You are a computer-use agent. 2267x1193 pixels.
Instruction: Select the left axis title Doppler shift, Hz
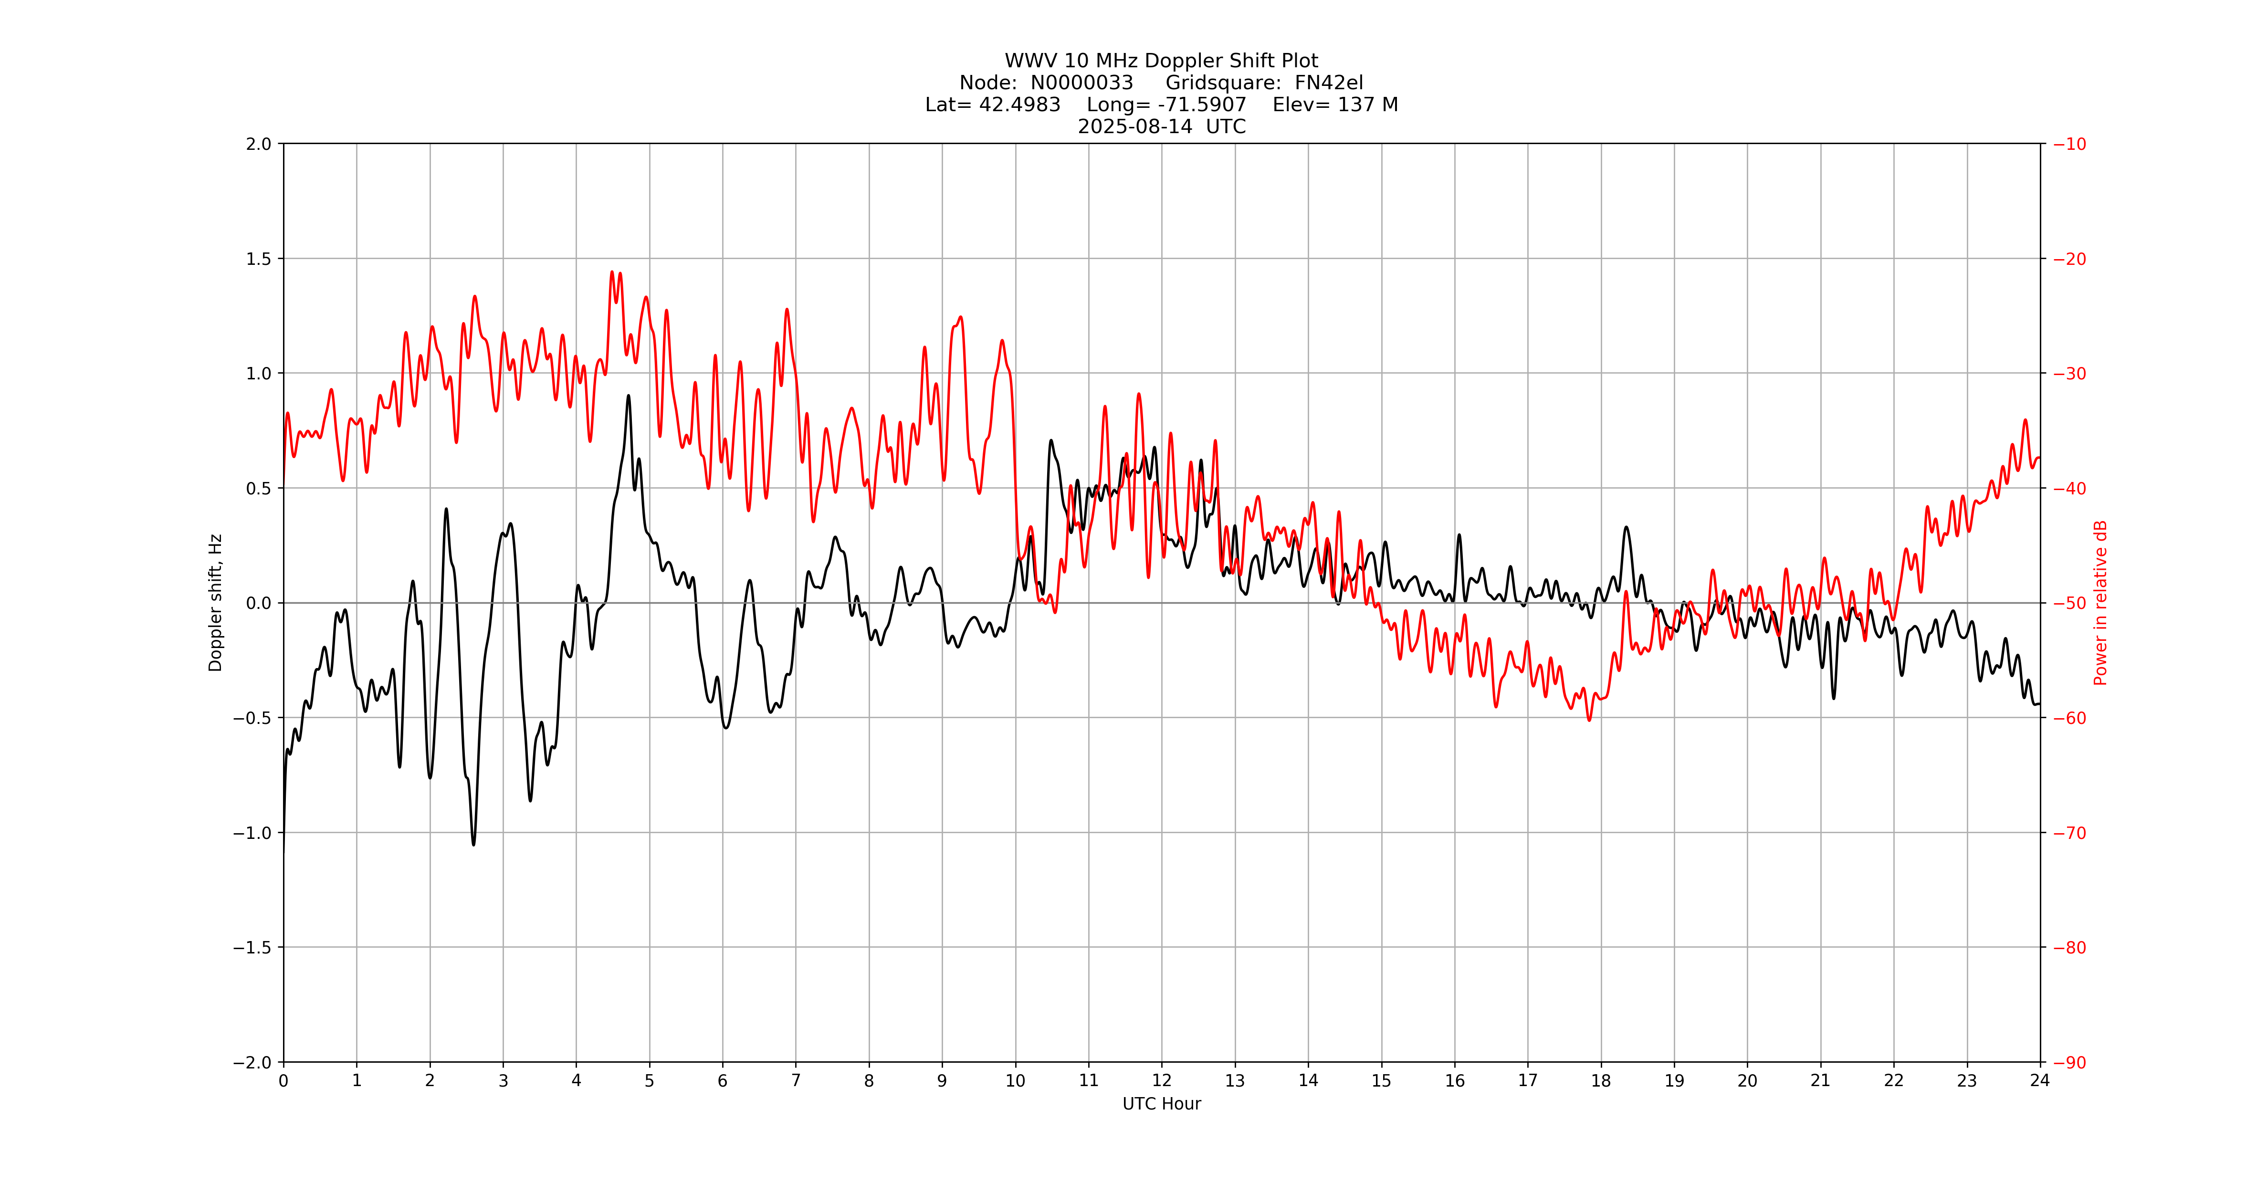pyautogui.click(x=216, y=603)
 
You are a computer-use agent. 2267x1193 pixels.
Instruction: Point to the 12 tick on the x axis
pyautogui.click(x=1162, y=1080)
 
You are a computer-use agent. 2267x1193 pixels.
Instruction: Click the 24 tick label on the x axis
pyautogui.click(x=2040, y=1080)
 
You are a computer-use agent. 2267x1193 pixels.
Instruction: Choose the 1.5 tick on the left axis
pyautogui.click(x=259, y=259)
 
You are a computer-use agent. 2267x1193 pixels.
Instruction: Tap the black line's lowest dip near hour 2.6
pyautogui.click(x=473, y=845)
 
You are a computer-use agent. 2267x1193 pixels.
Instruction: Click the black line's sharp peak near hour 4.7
pyautogui.click(x=629, y=396)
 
